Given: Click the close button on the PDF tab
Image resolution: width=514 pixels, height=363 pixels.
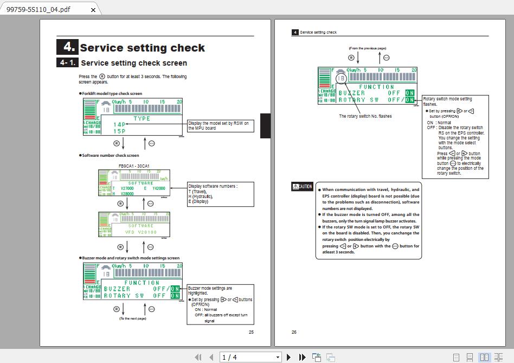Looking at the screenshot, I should (93, 10).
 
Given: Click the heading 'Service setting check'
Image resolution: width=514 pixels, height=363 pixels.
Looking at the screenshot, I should (142, 48).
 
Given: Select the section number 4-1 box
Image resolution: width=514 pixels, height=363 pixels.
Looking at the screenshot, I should (67, 63).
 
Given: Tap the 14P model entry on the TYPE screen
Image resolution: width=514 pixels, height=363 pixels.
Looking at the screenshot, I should (120, 124).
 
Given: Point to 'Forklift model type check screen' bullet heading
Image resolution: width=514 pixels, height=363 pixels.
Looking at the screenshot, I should (112, 93).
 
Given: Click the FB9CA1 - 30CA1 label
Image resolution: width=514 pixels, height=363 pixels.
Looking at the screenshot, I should (134, 166).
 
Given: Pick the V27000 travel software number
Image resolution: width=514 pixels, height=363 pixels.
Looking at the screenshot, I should (127, 188).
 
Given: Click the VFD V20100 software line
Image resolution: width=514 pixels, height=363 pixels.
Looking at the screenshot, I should (140, 232).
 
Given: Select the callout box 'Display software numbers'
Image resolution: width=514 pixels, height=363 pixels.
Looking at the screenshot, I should (220, 194).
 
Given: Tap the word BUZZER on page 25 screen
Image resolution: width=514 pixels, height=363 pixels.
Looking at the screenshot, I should (117, 289).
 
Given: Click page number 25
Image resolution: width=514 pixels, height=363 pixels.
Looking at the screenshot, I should (250, 332).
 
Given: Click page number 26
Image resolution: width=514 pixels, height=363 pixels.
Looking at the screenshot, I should (294, 332).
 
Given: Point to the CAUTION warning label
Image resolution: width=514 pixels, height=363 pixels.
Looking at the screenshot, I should (302, 187).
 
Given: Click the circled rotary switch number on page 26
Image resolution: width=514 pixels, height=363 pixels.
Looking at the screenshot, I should (341, 78).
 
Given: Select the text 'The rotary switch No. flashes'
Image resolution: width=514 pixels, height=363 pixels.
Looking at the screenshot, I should (365, 116).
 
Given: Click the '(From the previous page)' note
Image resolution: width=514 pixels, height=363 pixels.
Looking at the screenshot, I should (368, 48).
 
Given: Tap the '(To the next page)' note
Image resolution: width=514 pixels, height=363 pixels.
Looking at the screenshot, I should (133, 319).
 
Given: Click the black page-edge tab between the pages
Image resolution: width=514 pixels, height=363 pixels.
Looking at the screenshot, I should (265, 125).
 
